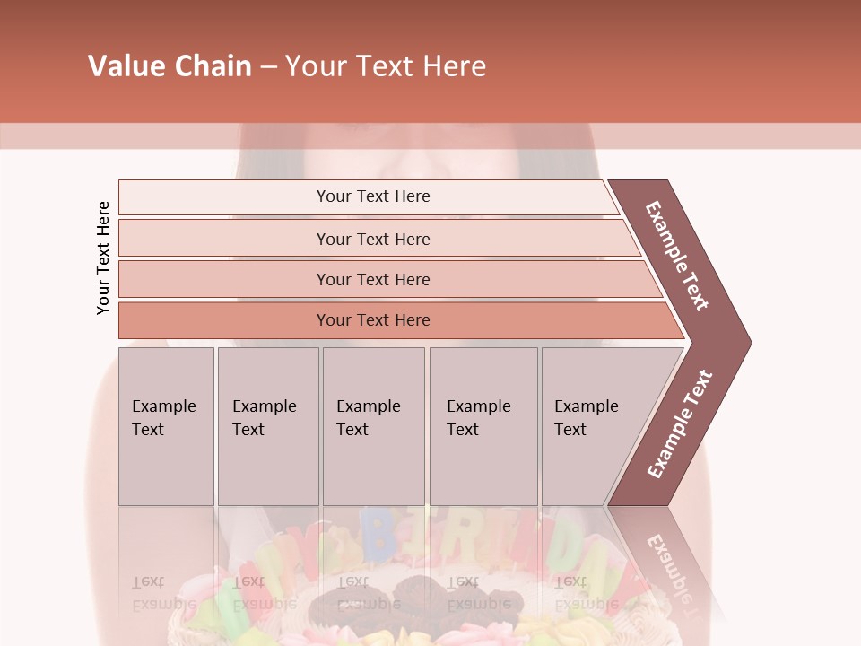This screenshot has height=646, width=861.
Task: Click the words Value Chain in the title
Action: click(x=170, y=66)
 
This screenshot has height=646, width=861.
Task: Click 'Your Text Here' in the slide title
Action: click(x=385, y=66)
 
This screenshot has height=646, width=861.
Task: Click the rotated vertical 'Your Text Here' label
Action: click(x=103, y=258)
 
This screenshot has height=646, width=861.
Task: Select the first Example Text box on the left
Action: click(x=166, y=426)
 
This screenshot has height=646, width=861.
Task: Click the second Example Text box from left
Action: click(x=268, y=426)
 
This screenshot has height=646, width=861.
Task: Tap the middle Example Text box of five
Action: click(x=373, y=426)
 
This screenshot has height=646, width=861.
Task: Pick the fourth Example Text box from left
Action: click(x=483, y=426)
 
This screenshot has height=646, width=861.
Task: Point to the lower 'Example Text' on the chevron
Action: click(x=680, y=423)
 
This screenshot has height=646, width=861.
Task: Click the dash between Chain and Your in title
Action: click(x=268, y=66)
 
